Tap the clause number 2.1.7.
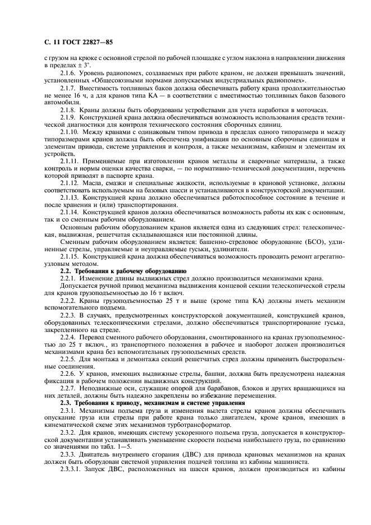[x=70, y=89]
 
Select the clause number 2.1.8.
[x=70, y=110]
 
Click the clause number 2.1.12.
[x=71, y=182]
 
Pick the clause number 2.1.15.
[x=71, y=255]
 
